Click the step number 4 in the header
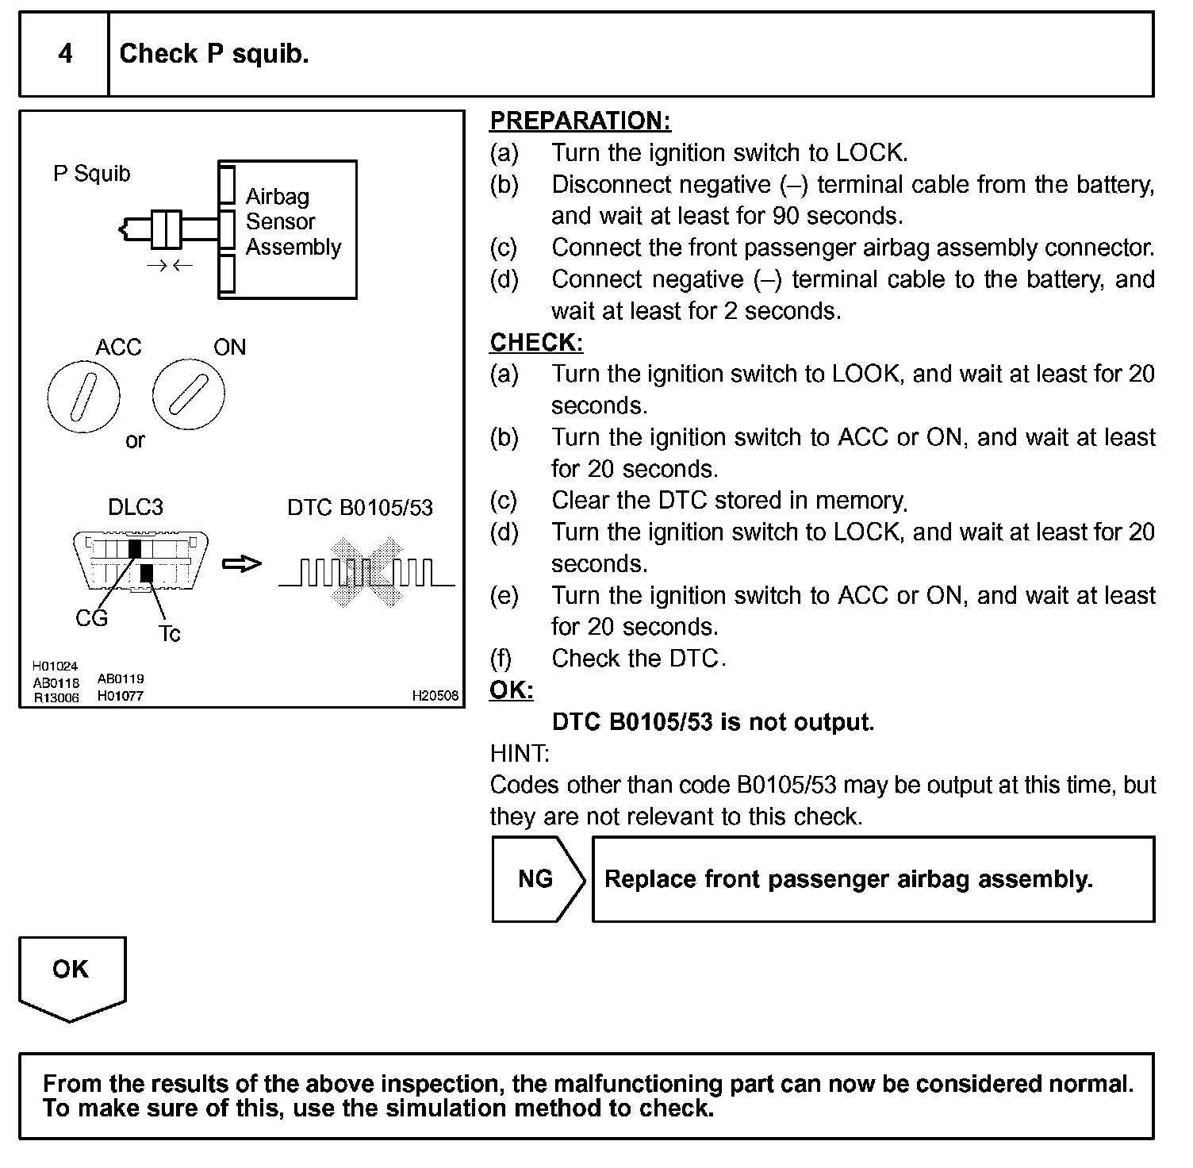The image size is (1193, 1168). tap(65, 54)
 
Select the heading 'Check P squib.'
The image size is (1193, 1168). tap(213, 54)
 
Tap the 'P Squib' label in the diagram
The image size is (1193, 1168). tap(91, 174)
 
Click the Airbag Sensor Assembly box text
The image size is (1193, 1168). tap(292, 222)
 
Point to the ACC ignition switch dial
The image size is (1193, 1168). tap(83, 396)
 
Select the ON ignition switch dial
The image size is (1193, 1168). tap(189, 394)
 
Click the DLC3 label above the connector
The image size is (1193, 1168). tap(135, 507)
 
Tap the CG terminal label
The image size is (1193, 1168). tap(91, 618)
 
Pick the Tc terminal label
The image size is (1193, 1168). tap(169, 633)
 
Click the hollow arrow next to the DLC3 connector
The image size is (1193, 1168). tap(241, 564)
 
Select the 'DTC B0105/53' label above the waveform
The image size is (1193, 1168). tap(360, 507)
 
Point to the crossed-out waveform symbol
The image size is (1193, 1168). tap(366, 572)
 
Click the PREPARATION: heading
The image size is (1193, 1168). tap(580, 121)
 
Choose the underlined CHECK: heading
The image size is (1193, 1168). tap(536, 342)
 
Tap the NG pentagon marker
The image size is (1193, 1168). tap(537, 879)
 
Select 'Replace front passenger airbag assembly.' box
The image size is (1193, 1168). tap(873, 879)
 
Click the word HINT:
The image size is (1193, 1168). tap(520, 753)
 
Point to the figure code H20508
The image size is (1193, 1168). tap(435, 696)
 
